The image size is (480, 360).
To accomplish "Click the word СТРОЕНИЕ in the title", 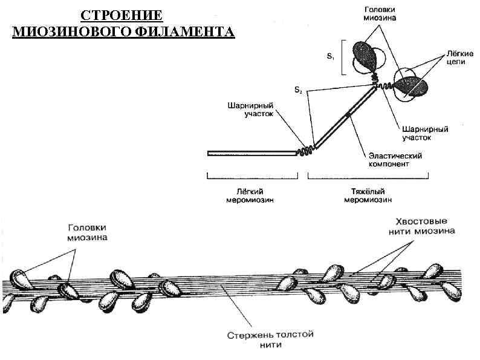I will pos(122,15).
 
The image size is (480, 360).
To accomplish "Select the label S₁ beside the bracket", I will pos(330,57).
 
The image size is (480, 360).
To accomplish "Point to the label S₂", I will pos(298,91).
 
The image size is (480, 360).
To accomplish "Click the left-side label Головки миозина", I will pos(87,232).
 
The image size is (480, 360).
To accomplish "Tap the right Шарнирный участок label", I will pos(425,133).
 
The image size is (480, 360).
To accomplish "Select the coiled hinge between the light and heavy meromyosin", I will pos(305,150).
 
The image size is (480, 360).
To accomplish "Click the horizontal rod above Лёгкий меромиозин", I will pos(251,154).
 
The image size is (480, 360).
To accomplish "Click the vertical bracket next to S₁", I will pos(343,57).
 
